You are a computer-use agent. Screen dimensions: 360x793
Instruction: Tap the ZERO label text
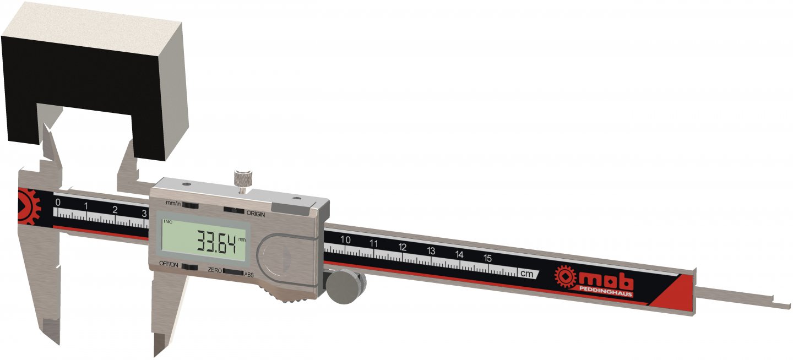[x=214, y=270]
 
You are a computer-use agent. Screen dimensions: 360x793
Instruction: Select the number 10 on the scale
[x=345, y=239]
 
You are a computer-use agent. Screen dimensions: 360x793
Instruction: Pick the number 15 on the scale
[x=487, y=258]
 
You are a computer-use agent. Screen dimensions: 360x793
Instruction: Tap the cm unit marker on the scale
[x=526, y=272]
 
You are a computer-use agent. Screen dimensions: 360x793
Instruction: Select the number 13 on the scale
[x=431, y=250]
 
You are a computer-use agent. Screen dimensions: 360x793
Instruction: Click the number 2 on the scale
[x=115, y=209]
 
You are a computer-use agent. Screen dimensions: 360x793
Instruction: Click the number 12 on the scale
[x=403, y=247]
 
